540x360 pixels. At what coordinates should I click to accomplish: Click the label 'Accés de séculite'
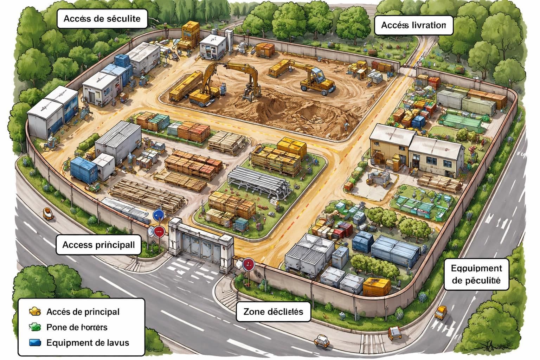(x=102, y=19)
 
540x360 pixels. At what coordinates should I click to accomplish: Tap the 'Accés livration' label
(x=413, y=25)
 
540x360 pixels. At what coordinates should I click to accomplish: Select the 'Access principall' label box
(x=98, y=245)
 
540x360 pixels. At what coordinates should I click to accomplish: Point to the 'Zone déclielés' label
(x=273, y=311)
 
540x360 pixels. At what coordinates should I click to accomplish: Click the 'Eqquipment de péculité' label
(x=476, y=275)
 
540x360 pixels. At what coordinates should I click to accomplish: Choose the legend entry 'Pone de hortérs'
(x=77, y=327)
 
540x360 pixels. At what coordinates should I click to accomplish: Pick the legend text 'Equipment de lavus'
(x=88, y=343)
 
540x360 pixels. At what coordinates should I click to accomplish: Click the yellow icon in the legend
(x=35, y=311)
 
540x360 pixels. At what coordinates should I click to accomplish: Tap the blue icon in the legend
(x=35, y=343)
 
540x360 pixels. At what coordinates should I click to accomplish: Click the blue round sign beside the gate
(x=159, y=215)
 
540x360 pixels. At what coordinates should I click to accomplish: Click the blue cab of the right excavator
(x=318, y=75)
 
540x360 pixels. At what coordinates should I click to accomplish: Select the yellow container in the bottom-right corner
(x=377, y=286)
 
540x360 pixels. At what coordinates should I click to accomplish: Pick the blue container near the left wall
(x=83, y=170)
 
